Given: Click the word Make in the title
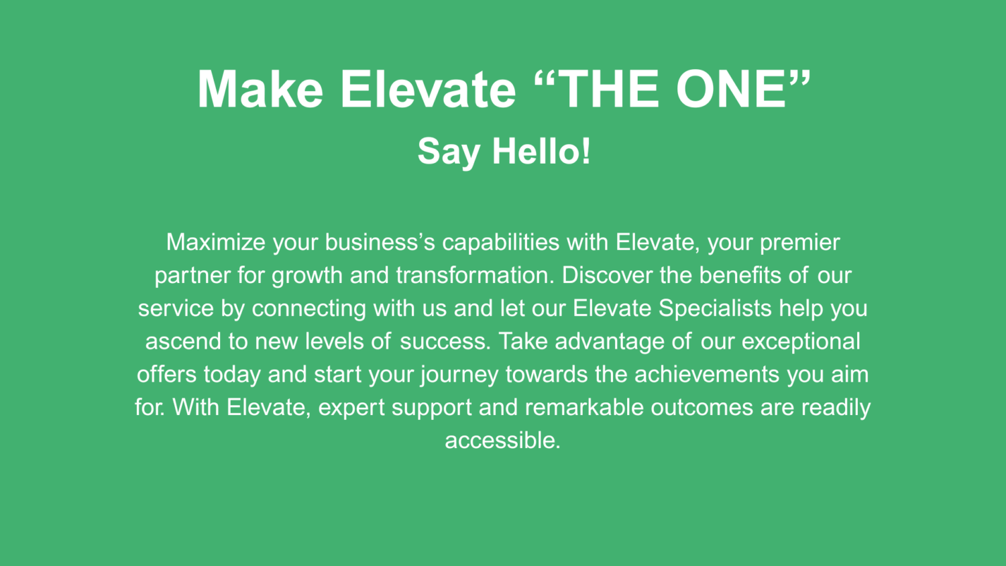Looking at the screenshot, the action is pos(260,89).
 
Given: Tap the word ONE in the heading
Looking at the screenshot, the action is pos(731,89).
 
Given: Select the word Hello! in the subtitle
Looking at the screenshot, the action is pos(542,151).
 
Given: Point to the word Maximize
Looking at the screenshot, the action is pos(216,242).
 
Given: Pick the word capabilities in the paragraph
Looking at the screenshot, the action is pos(501,243).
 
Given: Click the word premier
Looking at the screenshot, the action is pos(800,243).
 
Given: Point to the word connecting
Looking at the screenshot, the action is pos(309,309).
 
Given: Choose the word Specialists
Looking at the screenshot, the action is pos(715,309).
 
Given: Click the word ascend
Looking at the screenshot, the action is pos(183,341).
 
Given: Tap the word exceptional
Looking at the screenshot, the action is pos(801,342).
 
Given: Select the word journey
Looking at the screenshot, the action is pos(459,375).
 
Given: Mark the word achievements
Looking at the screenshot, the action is pos(707,374).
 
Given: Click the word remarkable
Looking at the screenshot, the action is pos(584,407).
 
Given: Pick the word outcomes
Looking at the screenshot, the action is pos(702,407).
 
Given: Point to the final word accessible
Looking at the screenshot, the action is pos(502,440).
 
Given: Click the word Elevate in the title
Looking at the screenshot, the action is pos(429,89).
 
